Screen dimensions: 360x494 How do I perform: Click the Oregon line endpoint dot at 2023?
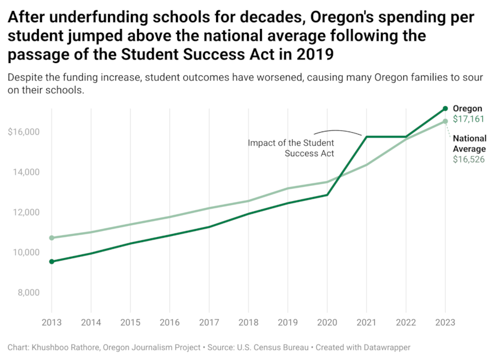(x=445, y=109)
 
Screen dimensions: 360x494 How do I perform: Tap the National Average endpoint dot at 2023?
(x=445, y=121)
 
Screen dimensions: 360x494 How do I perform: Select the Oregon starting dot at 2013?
(x=51, y=262)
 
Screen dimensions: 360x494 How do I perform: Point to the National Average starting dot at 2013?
(x=51, y=238)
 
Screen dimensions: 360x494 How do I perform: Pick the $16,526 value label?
(x=469, y=160)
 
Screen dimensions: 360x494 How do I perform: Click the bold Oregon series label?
(x=467, y=109)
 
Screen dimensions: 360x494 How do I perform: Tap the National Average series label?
(x=469, y=143)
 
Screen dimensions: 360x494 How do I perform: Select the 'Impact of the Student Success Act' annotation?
(x=291, y=148)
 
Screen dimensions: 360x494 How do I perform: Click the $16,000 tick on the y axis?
(x=24, y=132)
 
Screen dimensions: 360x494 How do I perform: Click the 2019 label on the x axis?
(x=288, y=323)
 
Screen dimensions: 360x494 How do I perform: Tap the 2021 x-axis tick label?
(x=366, y=323)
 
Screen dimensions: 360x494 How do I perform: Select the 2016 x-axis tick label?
(x=170, y=323)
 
